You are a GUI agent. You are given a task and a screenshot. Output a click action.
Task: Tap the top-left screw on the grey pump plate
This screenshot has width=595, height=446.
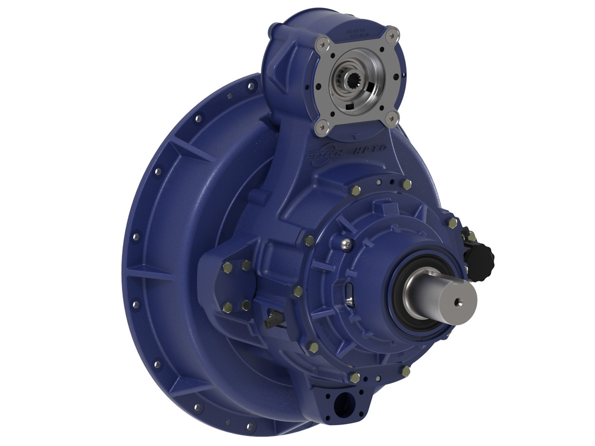click(x=323, y=42)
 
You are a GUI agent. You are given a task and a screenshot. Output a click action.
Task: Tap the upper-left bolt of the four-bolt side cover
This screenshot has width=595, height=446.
click(x=228, y=268)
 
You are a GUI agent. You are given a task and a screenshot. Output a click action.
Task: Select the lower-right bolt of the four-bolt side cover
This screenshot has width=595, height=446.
click(x=246, y=306)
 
